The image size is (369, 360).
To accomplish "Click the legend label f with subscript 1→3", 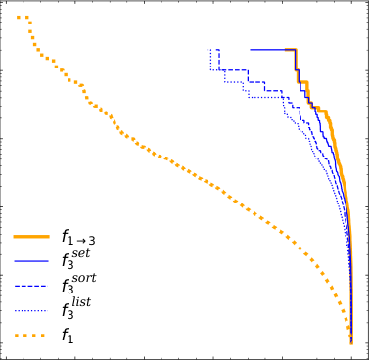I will click(78, 236).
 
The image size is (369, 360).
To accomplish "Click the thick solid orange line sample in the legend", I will click(32, 236).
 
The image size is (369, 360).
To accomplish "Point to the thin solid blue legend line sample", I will click(32, 262).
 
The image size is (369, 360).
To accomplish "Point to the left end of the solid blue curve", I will click(251, 49).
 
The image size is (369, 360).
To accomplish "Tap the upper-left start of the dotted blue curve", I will click(208, 49).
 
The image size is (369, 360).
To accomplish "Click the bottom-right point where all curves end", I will click(352, 341).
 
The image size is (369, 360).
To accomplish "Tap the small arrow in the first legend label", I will click(85, 240).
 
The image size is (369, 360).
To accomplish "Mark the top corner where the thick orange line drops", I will click(296, 49).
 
